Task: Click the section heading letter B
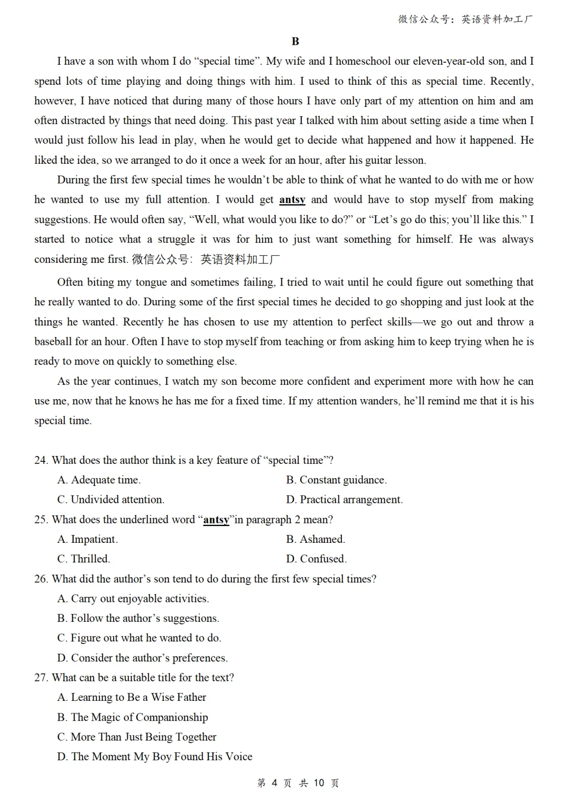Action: tap(295, 42)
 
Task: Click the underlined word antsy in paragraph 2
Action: tap(292, 200)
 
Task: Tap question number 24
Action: tap(41, 460)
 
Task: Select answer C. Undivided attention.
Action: tap(111, 500)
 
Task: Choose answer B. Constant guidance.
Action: tap(337, 480)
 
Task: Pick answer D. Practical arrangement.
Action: tap(344, 500)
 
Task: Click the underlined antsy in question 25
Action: tap(216, 520)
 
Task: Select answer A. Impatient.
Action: tap(88, 539)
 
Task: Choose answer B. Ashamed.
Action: tap(316, 539)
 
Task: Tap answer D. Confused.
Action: tap(317, 559)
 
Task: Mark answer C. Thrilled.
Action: tap(84, 559)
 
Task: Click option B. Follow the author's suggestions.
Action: tap(138, 618)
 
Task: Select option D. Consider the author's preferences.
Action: tap(143, 658)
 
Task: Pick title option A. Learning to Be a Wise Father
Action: tap(132, 697)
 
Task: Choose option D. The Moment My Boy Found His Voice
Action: tap(155, 757)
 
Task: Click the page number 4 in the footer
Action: tap(275, 783)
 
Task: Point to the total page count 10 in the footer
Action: tap(319, 783)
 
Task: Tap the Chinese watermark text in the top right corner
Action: tap(465, 19)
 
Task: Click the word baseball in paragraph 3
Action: tap(54, 342)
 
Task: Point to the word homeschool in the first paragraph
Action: tap(363, 61)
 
